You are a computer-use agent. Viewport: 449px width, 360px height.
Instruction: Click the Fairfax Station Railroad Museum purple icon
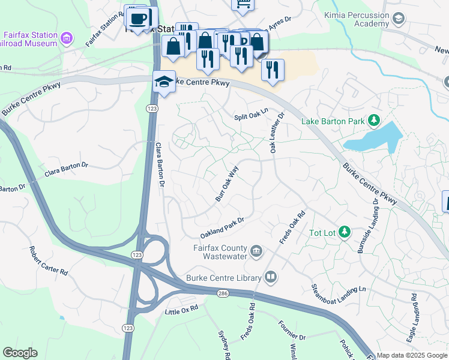coord(67,40)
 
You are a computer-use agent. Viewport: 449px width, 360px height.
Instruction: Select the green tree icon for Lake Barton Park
coord(374,121)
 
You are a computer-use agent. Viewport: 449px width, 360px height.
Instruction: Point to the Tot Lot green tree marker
coord(344,232)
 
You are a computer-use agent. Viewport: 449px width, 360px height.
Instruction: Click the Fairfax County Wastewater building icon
coord(256,250)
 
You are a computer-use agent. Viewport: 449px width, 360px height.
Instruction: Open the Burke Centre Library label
coord(223,277)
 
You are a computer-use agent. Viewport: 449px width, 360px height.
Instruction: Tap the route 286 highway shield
coord(222,291)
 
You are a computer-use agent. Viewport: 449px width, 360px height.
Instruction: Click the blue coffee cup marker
coord(138,17)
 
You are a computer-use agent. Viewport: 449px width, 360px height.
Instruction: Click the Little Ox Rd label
coord(181,310)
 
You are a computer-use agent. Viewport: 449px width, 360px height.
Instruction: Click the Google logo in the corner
coord(20,353)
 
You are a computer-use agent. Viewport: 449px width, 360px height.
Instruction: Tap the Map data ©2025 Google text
coord(411,355)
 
